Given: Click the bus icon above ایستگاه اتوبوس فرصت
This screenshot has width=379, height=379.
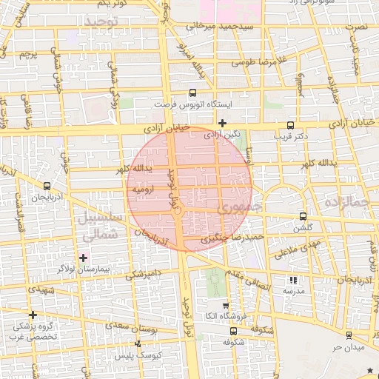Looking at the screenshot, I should click(x=193, y=93).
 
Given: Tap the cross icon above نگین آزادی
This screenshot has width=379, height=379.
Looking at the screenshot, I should click(x=222, y=123).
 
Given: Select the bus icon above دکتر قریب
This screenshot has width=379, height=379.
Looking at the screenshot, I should click(x=289, y=125).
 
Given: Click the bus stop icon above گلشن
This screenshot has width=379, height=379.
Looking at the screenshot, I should click(x=303, y=217).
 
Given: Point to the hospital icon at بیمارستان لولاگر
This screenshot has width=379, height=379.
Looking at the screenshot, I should click(x=83, y=258).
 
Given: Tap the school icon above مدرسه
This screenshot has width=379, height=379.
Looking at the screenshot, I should click(x=293, y=280).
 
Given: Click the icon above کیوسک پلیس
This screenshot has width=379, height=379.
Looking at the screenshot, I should click(x=138, y=343).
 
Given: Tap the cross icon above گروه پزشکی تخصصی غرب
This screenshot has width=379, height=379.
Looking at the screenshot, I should click(x=33, y=315).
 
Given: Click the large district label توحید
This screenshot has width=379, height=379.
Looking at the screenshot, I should click(x=101, y=24).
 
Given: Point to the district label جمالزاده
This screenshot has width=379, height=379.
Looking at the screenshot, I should click(x=348, y=201).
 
